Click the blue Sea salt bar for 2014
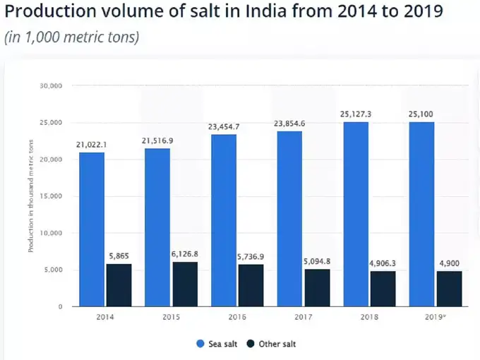point(91,229)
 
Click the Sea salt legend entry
point(216,344)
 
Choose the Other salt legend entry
point(271,344)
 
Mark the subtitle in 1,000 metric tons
point(72,37)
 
